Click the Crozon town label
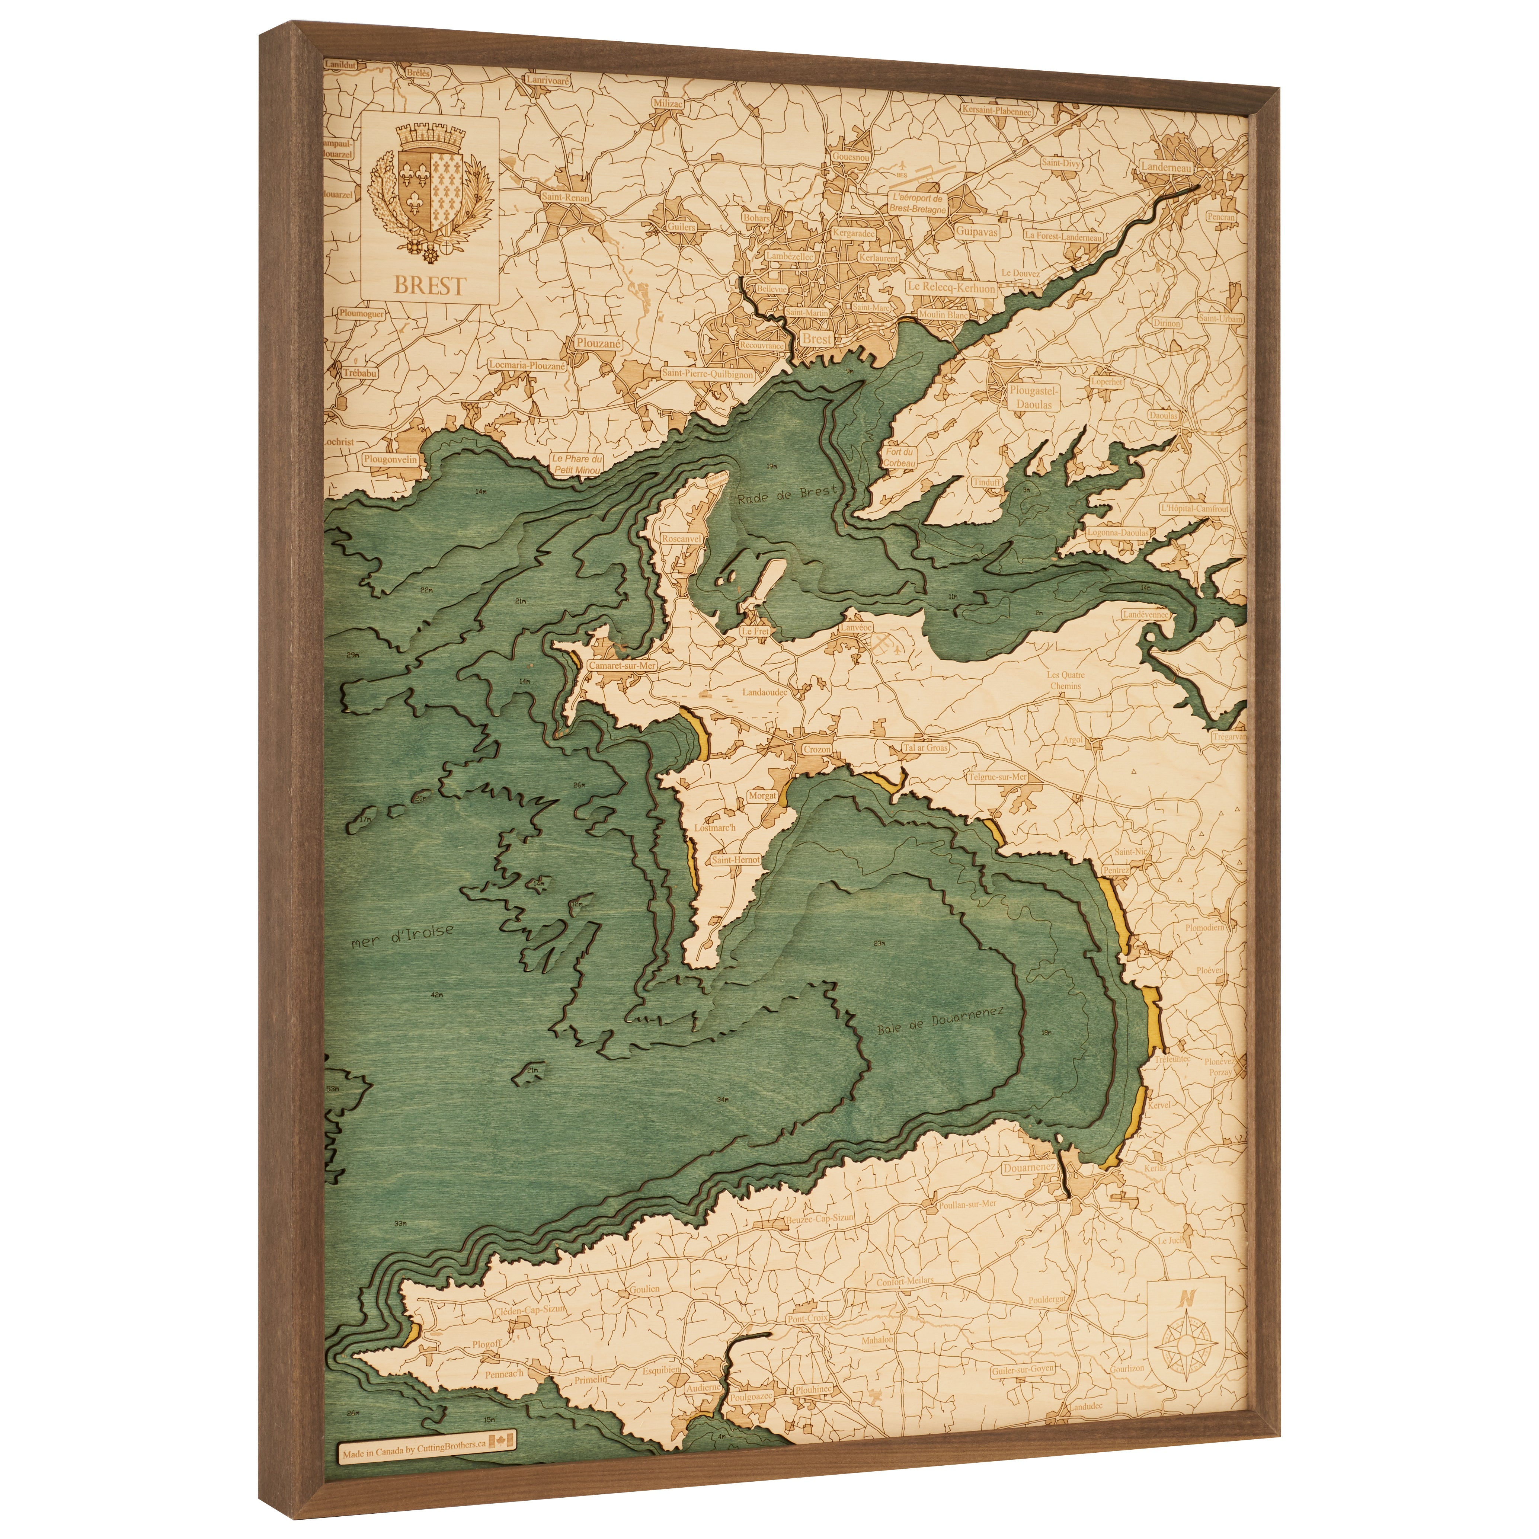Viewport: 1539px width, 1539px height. point(816,749)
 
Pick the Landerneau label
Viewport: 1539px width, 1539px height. point(1165,167)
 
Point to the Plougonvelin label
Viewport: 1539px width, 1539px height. point(390,460)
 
